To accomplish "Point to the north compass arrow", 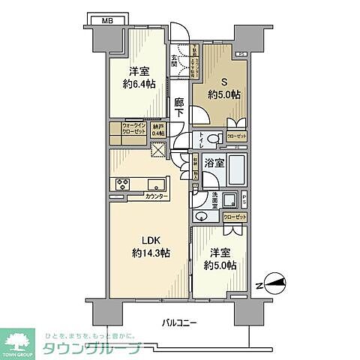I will click(x=272, y=283).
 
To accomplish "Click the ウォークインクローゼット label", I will click(x=125, y=129).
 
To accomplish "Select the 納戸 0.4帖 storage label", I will click(x=157, y=129).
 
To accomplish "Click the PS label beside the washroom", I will click(x=244, y=201).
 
